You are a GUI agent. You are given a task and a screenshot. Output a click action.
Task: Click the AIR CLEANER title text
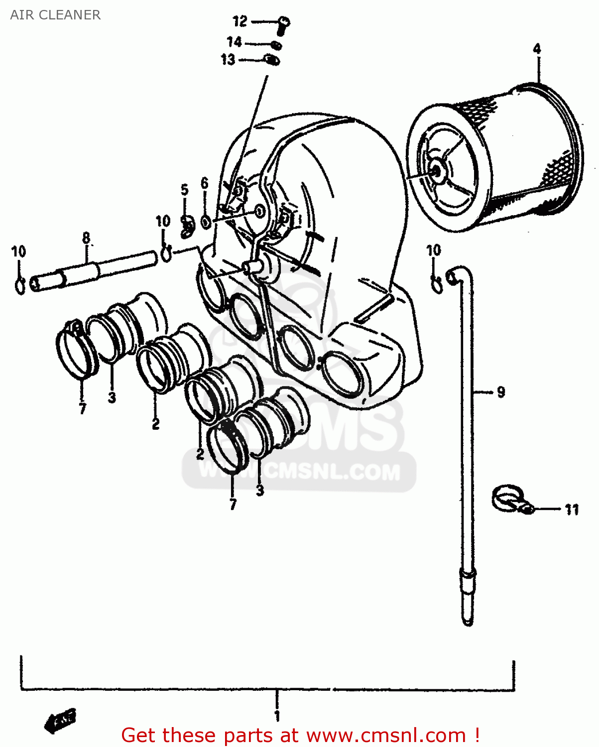(x=55, y=15)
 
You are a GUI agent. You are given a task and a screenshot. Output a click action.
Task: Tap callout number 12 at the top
(x=240, y=21)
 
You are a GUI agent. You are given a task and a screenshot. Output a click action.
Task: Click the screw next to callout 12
(x=283, y=24)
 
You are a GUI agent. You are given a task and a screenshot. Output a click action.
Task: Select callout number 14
(x=234, y=42)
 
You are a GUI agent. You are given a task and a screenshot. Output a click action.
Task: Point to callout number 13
(x=228, y=60)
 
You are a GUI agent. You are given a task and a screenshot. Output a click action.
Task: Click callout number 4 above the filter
(x=537, y=49)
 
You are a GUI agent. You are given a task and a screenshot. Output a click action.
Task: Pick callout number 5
(x=185, y=190)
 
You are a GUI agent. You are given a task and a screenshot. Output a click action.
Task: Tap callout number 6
(x=205, y=183)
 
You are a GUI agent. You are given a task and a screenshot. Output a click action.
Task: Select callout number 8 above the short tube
(x=86, y=238)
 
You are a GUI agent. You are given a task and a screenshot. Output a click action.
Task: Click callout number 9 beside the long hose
(x=501, y=392)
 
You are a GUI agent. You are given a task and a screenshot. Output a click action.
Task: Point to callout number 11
(x=572, y=509)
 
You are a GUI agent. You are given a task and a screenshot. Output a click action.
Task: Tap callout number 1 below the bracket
(x=277, y=716)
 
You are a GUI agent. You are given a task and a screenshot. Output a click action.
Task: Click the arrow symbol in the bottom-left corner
(x=60, y=720)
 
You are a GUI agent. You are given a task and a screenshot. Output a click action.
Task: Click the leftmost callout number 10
(x=19, y=251)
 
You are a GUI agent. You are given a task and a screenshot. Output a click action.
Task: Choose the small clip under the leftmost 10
(x=20, y=286)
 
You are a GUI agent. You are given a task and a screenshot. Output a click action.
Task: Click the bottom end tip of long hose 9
(x=468, y=621)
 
